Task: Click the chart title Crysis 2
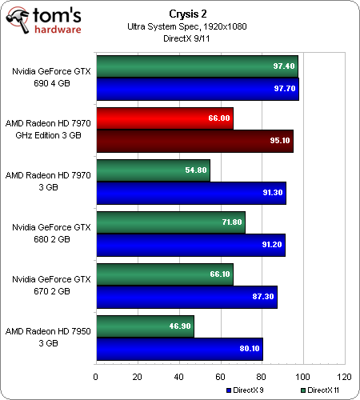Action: [x=188, y=14]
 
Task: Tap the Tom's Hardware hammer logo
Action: [x=18, y=20]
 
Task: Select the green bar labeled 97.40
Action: [x=198, y=66]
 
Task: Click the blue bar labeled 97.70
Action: [x=198, y=89]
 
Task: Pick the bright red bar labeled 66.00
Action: [x=165, y=118]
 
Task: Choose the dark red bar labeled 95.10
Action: [x=195, y=141]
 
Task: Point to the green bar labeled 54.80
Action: [x=154, y=170]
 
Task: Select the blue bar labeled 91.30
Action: [x=191, y=193]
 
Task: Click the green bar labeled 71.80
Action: [x=171, y=222]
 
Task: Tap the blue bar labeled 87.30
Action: [x=187, y=297]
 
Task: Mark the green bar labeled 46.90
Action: [x=146, y=326]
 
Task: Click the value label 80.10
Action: [x=250, y=349]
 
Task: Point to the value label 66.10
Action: [x=220, y=274]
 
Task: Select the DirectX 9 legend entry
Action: [x=245, y=390]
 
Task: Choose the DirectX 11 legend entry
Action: [x=320, y=390]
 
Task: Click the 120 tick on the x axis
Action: [x=344, y=377]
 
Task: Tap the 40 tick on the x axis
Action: [x=178, y=377]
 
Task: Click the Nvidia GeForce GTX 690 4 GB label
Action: [x=51, y=78]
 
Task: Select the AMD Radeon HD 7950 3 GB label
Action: [x=48, y=337]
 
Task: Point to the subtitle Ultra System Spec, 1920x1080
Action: [x=187, y=26]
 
